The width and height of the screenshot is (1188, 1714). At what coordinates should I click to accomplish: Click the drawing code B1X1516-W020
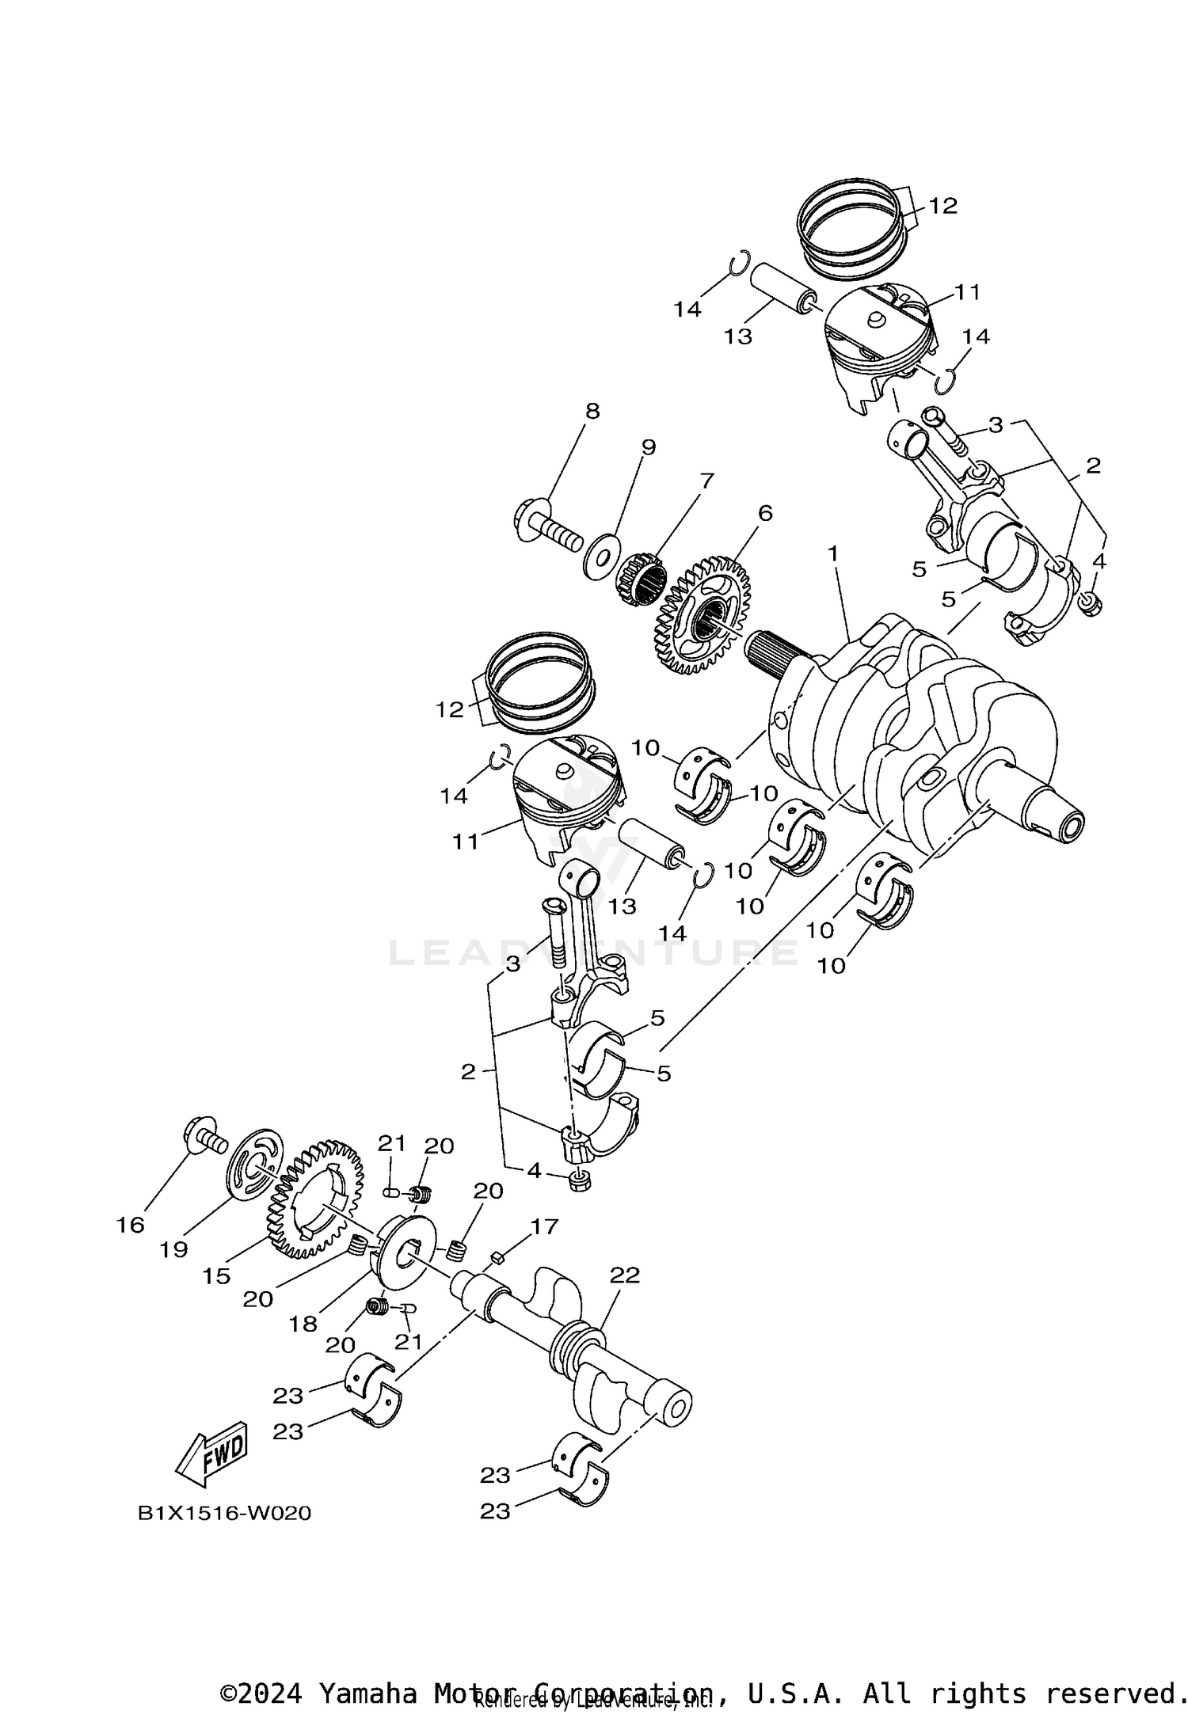tap(225, 1514)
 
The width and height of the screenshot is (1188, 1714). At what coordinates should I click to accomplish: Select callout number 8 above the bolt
tap(592, 411)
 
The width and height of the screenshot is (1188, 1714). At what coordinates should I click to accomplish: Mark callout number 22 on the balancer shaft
tap(625, 1275)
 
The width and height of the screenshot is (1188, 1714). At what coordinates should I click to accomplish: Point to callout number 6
tap(764, 513)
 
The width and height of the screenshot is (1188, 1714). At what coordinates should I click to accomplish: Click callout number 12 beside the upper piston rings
tap(942, 206)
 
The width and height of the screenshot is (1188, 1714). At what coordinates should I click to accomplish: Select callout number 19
tap(173, 1249)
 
